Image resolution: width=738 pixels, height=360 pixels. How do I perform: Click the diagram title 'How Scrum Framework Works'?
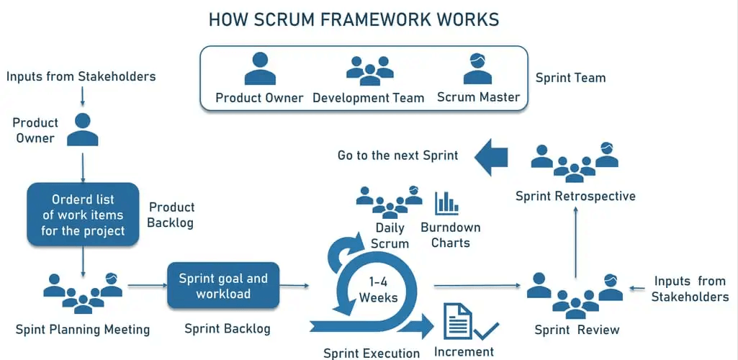(354, 19)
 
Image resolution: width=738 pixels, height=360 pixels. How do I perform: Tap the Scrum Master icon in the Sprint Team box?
(478, 69)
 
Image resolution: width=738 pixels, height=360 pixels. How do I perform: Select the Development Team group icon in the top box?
(370, 71)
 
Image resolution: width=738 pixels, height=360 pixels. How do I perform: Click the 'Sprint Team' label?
(570, 78)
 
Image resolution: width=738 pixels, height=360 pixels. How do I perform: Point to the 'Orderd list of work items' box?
(83, 215)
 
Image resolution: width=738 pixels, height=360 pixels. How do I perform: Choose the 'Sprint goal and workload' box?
(223, 286)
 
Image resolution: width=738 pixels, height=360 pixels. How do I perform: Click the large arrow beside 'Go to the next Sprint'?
(491, 157)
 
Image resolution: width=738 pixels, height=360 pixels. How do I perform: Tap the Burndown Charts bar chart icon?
(446, 203)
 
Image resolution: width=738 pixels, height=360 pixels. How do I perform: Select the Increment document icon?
(458, 321)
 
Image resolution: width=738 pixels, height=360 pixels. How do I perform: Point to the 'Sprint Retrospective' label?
(575, 196)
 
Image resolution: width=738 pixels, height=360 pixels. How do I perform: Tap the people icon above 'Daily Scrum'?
(390, 202)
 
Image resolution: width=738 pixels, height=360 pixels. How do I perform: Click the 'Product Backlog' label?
(171, 215)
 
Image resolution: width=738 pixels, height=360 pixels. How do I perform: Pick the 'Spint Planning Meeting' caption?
(83, 330)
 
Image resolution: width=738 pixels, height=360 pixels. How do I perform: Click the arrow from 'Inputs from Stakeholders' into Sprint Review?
(639, 289)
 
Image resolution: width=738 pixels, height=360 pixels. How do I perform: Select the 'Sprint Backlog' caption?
(228, 328)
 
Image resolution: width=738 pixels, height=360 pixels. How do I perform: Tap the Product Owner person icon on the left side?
(83, 130)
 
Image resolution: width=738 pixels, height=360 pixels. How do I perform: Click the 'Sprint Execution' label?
(372, 353)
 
